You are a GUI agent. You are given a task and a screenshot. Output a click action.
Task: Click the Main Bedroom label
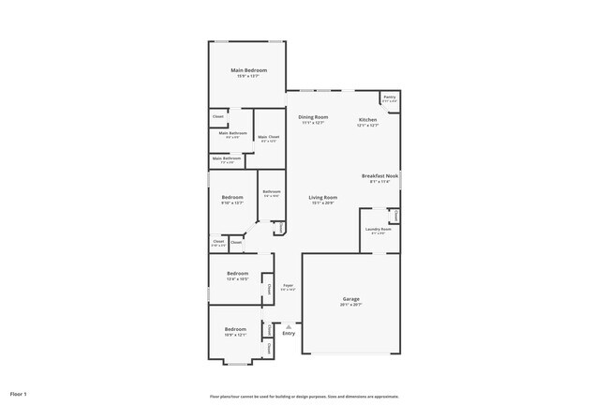249,70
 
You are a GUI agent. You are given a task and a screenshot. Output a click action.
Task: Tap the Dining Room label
313,117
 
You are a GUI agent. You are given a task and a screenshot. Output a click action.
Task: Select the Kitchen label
367,120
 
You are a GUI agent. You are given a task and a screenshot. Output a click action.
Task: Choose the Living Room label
323,197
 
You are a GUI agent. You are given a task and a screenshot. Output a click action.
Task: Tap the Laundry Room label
379,229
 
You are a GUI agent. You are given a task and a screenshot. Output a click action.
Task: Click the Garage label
352,299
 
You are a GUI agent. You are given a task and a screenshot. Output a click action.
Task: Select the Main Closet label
268,137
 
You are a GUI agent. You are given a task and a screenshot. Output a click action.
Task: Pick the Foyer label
288,285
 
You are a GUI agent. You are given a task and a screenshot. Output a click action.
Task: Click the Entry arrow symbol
288,326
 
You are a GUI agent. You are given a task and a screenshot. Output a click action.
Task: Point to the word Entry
288,334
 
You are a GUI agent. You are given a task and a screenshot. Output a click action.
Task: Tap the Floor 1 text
19,394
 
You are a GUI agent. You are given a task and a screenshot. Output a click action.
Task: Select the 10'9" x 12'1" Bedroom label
235,328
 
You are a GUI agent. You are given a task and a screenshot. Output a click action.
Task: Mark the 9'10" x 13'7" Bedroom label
232,197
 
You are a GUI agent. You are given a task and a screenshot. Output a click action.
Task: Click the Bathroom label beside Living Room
272,191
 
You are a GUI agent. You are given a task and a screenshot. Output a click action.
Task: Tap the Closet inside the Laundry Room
395,216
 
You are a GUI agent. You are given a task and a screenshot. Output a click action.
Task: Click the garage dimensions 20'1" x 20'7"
352,305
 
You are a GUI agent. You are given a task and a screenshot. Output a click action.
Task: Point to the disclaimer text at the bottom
304,396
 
